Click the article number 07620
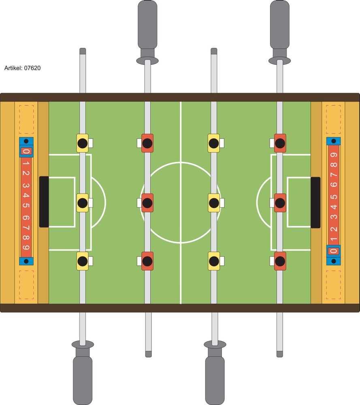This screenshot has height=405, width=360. pyautogui.click(x=32, y=68)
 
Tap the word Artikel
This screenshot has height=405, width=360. pyautogui.click(x=13, y=68)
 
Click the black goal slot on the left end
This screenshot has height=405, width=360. pyautogui.click(x=44, y=202)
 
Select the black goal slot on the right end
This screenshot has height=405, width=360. pyautogui.click(x=315, y=202)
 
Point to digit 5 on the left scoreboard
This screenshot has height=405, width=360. pyautogui.click(x=26, y=205)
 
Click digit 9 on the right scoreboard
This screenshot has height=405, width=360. pyautogui.click(x=334, y=155)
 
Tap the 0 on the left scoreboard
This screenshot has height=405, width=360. pyautogui.click(x=26, y=151)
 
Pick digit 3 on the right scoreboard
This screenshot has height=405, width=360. pyautogui.click(x=334, y=216)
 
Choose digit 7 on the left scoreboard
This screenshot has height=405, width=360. pyautogui.click(x=26, y=228)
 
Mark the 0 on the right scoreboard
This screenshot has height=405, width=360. pyautogui.click(x=333, y=251)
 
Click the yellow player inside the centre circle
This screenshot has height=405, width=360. pyautogui.click(x=214, y=203)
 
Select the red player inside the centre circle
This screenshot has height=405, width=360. pyautogui.click(x=147, y=203)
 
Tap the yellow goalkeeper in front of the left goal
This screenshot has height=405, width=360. pyautogui.click(x=82, y=203)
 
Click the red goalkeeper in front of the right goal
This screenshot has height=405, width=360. pyautogui.click(x=280, y=203)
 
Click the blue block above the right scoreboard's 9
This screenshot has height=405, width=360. pyautogui.click(x=334, y=141)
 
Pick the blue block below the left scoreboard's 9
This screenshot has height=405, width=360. pyautogui.click(x=26, y=261)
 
